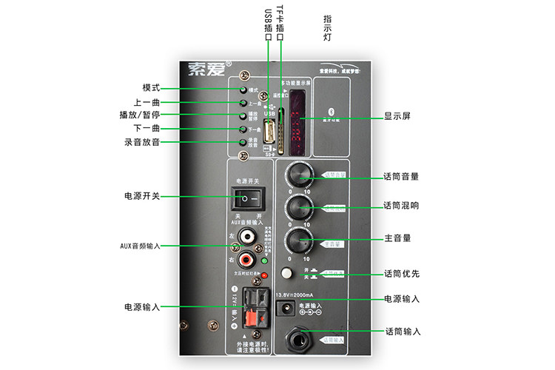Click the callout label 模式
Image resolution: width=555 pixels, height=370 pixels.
[152, 88]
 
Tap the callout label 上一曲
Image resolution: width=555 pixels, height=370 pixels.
[148, 102]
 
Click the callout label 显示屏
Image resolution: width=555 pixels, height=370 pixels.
[397, 116]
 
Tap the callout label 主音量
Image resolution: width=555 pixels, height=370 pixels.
[397, 238]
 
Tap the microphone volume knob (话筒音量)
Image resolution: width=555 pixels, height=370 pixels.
[300, 175]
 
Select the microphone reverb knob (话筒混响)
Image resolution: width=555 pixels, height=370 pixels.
[299, 206]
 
